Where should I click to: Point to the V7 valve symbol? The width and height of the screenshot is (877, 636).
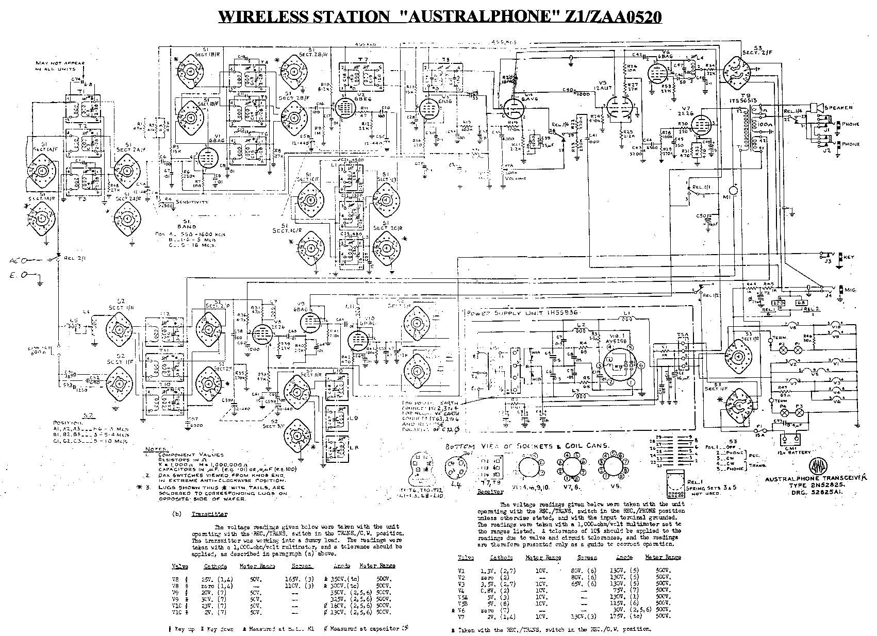click(x=700, y=124)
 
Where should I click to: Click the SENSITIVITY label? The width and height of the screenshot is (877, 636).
click(x=192, y=202)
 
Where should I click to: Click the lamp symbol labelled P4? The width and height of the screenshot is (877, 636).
click(x=783, y=414)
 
